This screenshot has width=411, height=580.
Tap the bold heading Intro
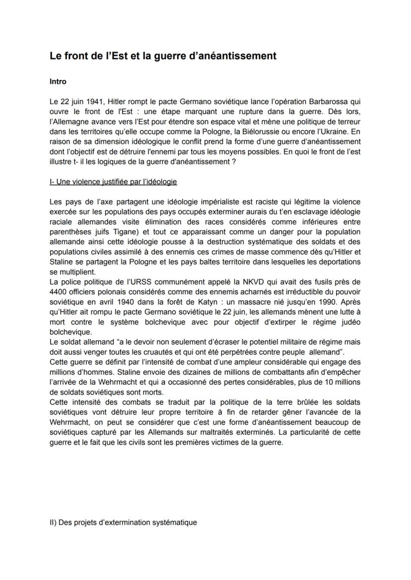tap(58, 81)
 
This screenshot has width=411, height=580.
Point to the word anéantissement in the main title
tap(239, 56)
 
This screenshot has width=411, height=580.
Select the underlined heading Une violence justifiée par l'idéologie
tap(113, 182)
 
